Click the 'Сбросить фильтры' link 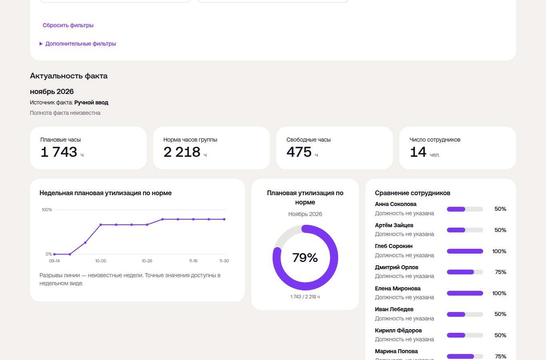click(x=68, y=25)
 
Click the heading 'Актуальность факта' click(x=69, y=76)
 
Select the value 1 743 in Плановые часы click(x=59, y=152)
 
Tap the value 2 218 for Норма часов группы click(x=182, y=152)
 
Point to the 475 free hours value click(x=299, y=152)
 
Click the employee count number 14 click(x=418, y=152)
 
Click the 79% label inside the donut click(x=305, y=258)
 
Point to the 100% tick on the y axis click(x=47, y=210)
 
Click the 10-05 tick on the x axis click(x=101, y=261)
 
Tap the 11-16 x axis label click(x=193, y=261)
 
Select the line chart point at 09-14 click(x=54, y=254)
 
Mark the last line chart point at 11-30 click(x=224, y=219)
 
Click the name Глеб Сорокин click(x=394, y=246)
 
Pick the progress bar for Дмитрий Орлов click(x=465, y=272)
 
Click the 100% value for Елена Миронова click(x=499, y=293)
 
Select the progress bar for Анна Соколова click(x=465, y=209)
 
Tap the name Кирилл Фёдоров click(x=398, y=330)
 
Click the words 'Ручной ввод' click(x=91, y=102)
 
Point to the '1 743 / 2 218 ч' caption click(x=305, y=297)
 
